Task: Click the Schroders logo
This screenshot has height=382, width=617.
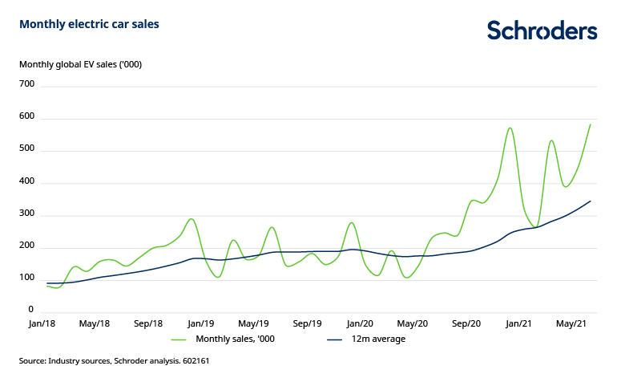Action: coord(542,30)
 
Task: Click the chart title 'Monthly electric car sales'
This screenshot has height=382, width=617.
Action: coord(89,24)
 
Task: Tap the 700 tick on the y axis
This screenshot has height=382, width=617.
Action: coord(26,83)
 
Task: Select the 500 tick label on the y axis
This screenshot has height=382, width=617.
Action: coord(26,150)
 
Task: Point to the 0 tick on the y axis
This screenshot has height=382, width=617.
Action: coord(31,310)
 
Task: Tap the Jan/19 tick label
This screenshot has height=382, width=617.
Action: coord(200,323)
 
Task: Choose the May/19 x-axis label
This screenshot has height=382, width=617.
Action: coord(253,323)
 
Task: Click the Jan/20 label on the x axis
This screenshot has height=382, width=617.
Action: coord(360,323)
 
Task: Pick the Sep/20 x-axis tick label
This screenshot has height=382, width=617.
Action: coord(466,323)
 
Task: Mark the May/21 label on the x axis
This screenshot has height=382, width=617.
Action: coord(572,323)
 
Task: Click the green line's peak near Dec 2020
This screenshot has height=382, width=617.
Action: coord(510,128)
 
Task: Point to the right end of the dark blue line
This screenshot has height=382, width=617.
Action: coord(591,201)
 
